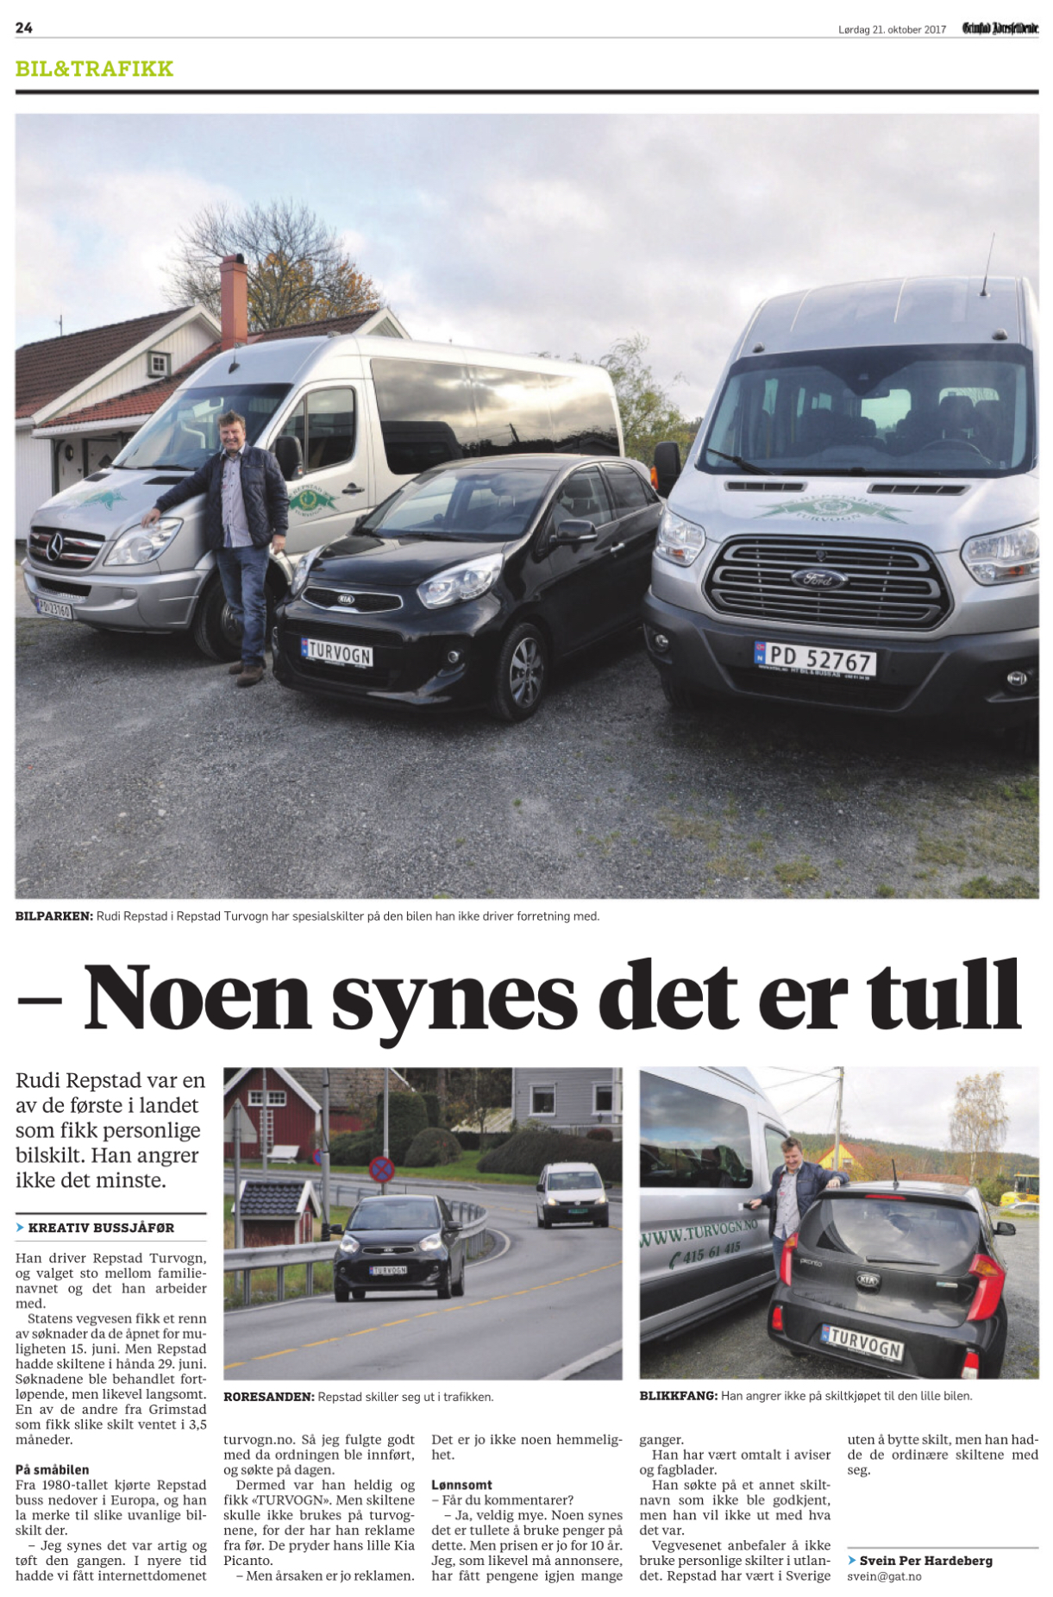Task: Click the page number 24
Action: pos(24,28)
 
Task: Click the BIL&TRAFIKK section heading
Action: pos(94,69)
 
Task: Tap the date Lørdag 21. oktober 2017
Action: pos(892,29)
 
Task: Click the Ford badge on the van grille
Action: pos(820,579)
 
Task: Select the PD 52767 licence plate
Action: pos(816,659)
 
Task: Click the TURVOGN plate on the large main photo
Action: pos(337,652)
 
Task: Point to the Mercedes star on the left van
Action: pos(55,546)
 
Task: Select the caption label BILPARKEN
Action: pos(53,916)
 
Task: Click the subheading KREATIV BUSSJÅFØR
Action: pos(101,1228)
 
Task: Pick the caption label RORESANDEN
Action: pos(268,1396)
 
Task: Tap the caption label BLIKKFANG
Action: pos(678,1395)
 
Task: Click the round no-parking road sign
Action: pos(381,1170)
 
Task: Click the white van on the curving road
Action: pos(573,1194)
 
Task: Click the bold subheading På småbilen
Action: pos(52,1469)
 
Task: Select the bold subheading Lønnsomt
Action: pos(461,1485)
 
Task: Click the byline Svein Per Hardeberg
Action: pos(925,1560)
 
